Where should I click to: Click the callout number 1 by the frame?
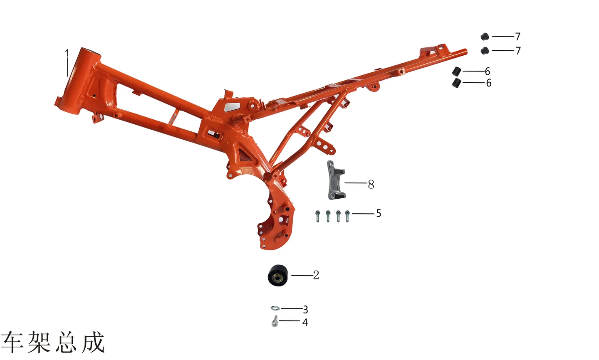click(x=67, y=53)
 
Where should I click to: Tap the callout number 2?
click(x=316, y=275)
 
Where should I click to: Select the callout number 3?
click(x=305, y=309)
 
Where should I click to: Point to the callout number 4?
click(x=305, y=322)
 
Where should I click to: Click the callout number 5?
click(x=379, y=213)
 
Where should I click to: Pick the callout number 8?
click(x=371, y=184)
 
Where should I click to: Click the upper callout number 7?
click(x=518, y=36)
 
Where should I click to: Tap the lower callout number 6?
click(x=489, y=83)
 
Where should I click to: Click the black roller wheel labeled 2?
click(x=278, y=275)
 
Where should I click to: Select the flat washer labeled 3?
click(x=275, y=308)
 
